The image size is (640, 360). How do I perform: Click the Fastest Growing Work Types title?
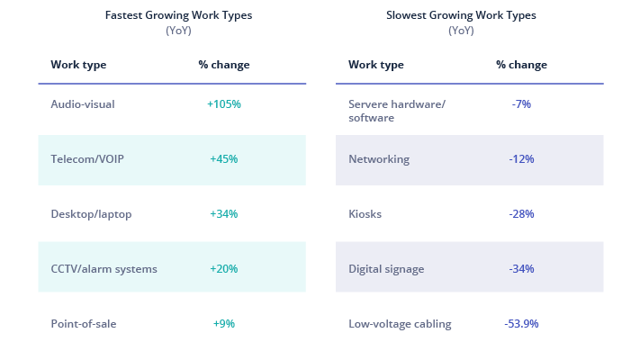click(x=178, y=15)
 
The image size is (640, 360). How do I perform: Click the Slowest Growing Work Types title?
click(x=461, y=15)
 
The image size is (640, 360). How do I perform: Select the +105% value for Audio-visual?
click(x=224, y=104)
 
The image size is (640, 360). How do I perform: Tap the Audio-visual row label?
click(x=83, y=104)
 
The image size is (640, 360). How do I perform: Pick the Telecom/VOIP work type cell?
click(x=87, y=159)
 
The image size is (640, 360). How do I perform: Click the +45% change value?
click(x=224, y=159)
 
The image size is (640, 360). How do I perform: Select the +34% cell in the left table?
click(x=224, y=214)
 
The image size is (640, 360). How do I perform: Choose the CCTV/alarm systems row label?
click(x=104, y=269)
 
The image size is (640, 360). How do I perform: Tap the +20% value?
click(x=224, y=269)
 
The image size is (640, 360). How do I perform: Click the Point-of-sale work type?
click(x=84, y=324)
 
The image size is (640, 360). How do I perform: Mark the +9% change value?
click(x=224, y=324)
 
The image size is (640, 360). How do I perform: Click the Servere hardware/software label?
click(x=397, y=111)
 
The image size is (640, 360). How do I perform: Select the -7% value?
click(x=521, y=104)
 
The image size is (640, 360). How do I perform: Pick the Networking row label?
click(x=379, y=159)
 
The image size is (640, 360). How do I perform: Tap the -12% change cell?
click(x=521, y=159)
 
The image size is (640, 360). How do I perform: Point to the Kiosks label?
click(x=365, y=214)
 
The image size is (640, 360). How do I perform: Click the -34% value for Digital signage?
click(x=521, y=269)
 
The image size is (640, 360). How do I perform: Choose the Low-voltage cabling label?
click(x=400, y=324)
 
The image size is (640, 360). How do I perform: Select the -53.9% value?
click(x=521, y=324)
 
